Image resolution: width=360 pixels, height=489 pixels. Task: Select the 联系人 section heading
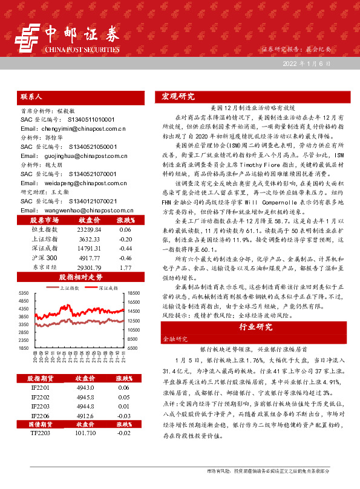pos(31,97)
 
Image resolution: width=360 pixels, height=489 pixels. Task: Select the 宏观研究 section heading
pos(178,97)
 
